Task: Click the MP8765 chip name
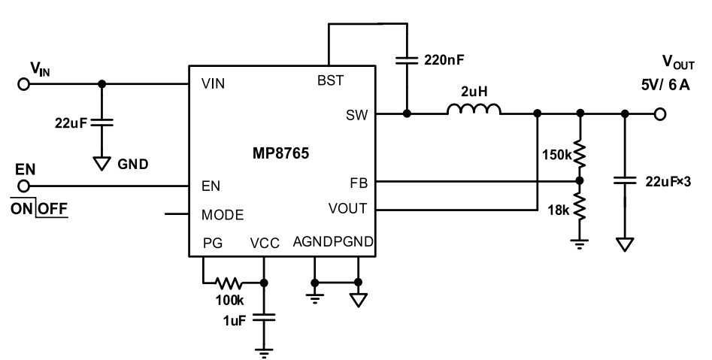280,153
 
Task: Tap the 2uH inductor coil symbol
474,109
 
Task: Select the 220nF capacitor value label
444,59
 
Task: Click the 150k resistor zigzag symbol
580,154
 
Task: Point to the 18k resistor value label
558,210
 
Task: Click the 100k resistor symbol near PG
229,283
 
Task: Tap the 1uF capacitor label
234,320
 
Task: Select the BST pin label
331,80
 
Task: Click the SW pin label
356,115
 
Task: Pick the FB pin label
359,183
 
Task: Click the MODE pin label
223,215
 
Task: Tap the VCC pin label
265,244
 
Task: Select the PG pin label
213,244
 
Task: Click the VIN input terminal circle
23,84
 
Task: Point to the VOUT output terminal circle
660,114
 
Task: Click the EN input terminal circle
23,186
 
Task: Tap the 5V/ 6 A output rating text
665,85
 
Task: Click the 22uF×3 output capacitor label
668,182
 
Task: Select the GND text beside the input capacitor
132,165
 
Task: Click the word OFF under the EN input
52,209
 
